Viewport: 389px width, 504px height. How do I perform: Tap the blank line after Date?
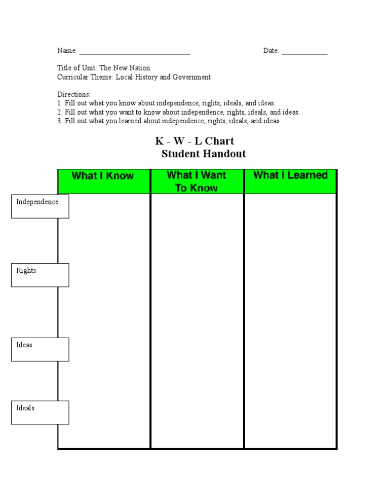[304, 52]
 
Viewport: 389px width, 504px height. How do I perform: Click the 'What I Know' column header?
[103, 176]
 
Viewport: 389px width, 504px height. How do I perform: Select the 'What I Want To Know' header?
[197, 182]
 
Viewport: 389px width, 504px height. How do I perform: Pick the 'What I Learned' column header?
[290, 175]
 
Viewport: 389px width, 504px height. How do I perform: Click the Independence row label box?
[40, 206]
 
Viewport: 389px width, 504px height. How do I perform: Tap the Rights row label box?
[40, 275]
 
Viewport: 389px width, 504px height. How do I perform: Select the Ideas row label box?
[40, 349]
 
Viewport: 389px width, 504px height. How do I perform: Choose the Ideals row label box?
[40, 412]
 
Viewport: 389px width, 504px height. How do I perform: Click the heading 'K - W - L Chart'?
[194, 141]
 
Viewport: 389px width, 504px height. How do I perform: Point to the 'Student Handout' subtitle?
[204, 154]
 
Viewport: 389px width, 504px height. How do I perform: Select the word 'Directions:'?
[74, 94]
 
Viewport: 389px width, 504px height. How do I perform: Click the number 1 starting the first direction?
[59, 103]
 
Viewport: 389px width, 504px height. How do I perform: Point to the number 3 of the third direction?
[59, 121]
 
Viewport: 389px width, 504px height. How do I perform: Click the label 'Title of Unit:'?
[77, 68]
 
